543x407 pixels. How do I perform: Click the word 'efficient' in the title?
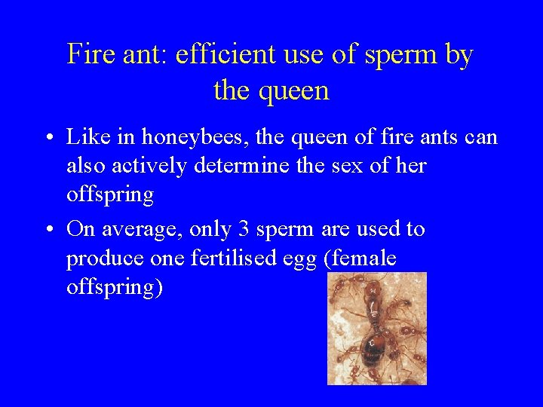tap(219, 55)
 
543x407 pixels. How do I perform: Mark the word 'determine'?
tap(238, 166)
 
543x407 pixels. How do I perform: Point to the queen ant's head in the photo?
tap(371, 289)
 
